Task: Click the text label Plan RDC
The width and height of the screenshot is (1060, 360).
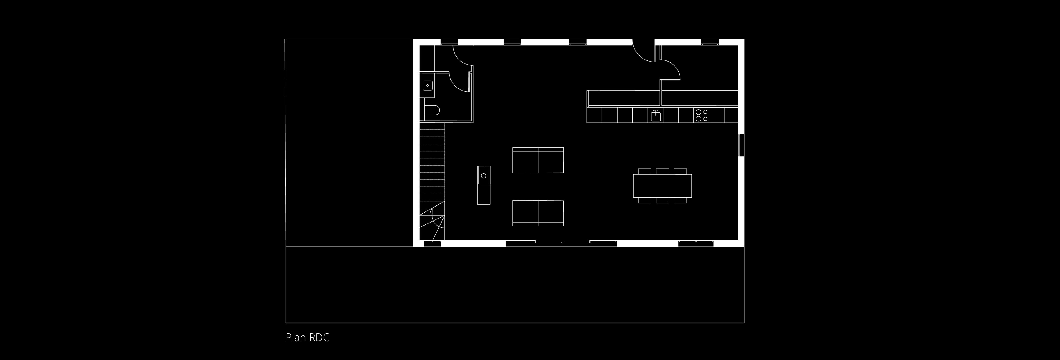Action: [x=308, y=338]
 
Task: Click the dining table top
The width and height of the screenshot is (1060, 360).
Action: [x=662, y=186]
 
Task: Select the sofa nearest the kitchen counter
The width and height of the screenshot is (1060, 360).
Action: [x=538, y=160]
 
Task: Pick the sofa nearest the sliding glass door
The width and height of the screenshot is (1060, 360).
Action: [x=538, y=213]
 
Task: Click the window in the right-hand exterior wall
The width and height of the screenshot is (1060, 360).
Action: [x=741, y=145]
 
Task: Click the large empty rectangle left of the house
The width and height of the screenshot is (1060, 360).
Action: [x=349, y=143]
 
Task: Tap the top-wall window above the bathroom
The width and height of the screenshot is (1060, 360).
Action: [x=449, y=42]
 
